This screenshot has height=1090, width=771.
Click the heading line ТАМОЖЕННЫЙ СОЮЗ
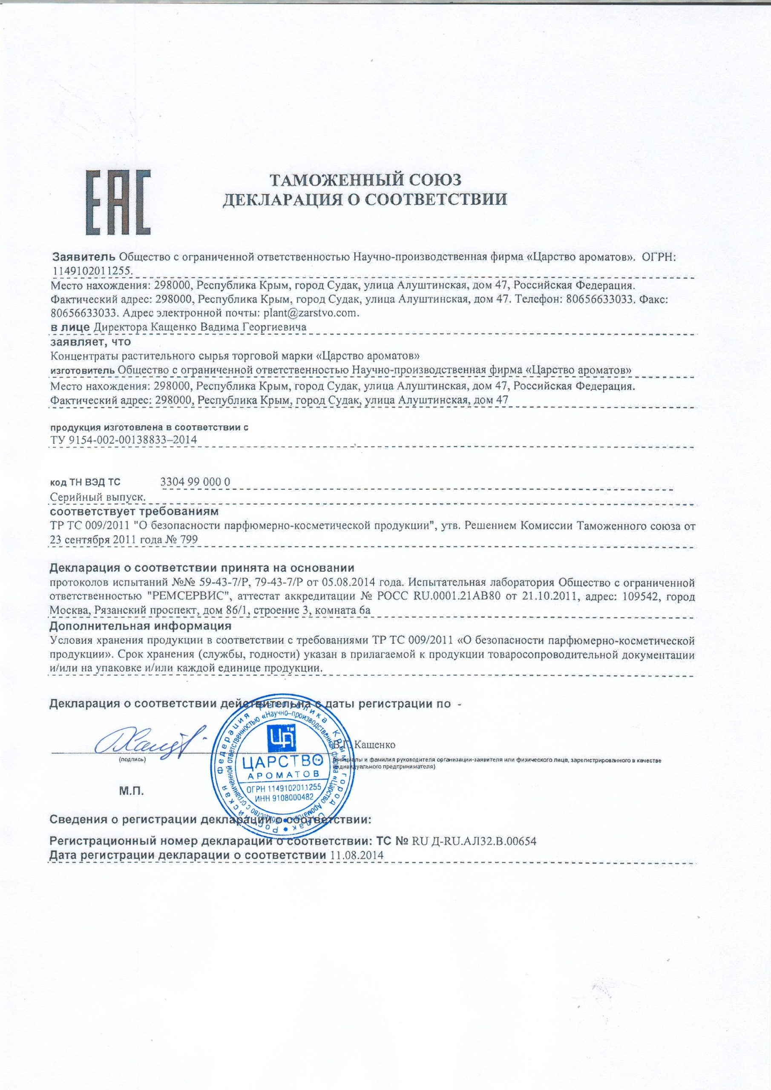(x=366, y=180)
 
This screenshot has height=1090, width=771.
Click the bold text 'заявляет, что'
(x=90, y=341)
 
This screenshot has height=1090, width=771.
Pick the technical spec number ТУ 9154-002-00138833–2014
(x=123, y=439)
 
